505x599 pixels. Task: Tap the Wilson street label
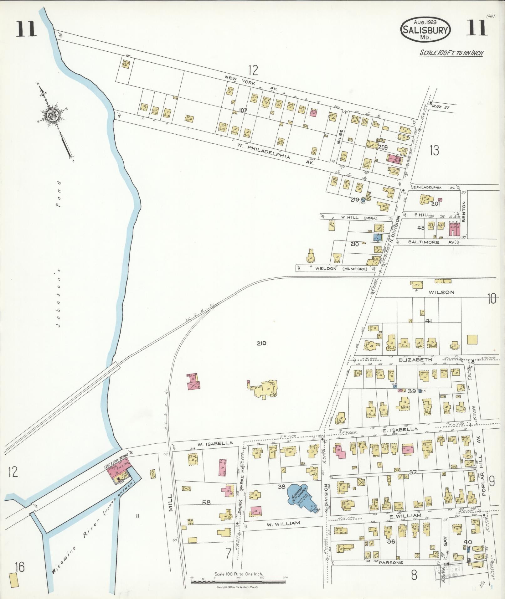[x=441, y=292]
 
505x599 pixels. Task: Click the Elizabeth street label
[x=419, y=360]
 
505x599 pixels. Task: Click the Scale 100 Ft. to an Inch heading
[x=451, y=53]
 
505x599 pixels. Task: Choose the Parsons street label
[x=391, y=562]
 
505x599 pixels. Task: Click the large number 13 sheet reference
[x=434, y=151]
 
